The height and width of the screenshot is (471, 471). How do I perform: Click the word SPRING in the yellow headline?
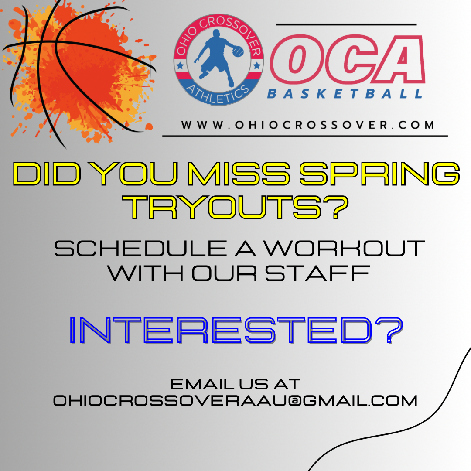point(380,174)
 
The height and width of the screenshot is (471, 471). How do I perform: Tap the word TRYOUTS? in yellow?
point(235,207)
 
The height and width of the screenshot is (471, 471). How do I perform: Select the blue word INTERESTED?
point(236,331)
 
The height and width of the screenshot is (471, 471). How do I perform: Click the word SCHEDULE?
point(140,249)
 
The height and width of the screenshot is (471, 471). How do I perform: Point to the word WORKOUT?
point(344,249)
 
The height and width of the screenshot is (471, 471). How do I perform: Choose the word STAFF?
point(317,273)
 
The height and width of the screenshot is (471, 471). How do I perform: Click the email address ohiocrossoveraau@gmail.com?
point(235,401)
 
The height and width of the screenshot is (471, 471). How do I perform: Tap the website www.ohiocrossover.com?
point(307,125)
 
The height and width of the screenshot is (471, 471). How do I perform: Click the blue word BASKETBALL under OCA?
point(345,94)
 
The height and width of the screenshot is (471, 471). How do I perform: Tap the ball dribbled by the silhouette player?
point(238,51)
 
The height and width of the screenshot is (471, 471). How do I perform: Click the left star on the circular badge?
point(180,65)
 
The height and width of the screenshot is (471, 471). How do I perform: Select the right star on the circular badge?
point(257,65)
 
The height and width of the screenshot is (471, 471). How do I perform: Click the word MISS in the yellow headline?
point(239,174)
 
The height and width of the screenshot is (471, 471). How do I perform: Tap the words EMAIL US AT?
point(235,384)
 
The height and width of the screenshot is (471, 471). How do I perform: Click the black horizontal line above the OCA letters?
point(346,24)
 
